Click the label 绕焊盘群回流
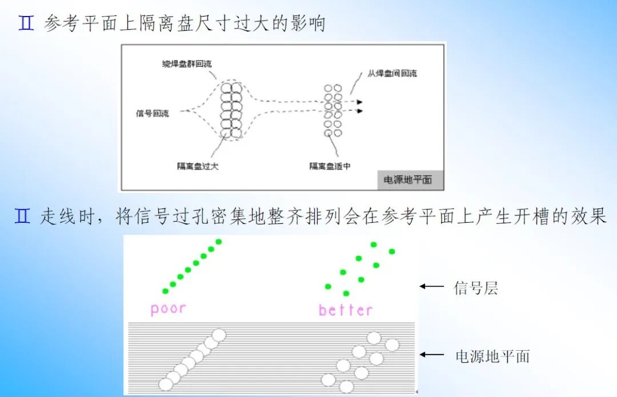186,64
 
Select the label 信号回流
153,113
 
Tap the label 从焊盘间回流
392,73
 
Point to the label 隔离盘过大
198,166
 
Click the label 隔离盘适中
330,166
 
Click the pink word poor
168,309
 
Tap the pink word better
346,310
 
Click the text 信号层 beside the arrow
476,288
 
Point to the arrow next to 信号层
432,286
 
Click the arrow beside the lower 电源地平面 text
432,355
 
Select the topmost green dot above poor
218,242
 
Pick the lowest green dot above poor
166,291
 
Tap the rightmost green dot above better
392,251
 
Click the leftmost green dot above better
328,286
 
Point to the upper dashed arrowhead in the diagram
360,102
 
